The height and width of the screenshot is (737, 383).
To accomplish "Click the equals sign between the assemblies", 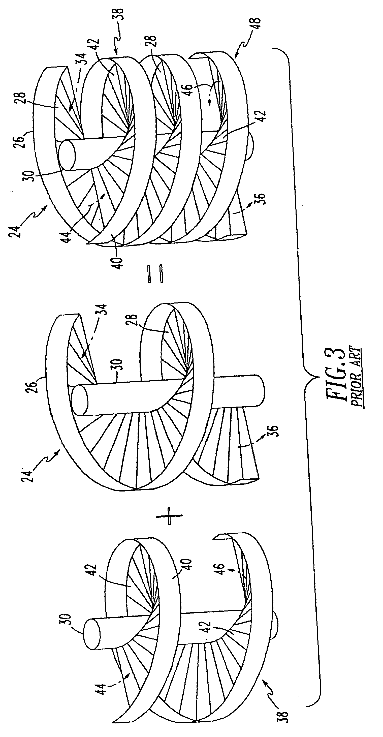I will click(x=155, y=274).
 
